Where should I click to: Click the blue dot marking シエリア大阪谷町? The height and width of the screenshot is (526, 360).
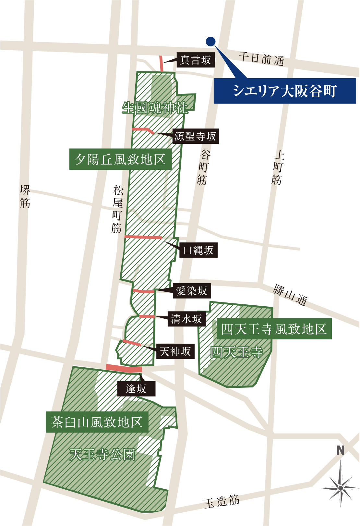[210, 41]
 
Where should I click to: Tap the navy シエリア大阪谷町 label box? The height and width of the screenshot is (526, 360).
[284, 91]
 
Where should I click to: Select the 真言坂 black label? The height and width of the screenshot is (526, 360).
[196, 60]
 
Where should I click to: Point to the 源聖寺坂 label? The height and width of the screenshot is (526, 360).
[195, 136]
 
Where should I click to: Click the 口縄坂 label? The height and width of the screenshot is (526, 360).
[198, 250]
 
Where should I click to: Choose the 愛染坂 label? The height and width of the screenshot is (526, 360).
[191, 290]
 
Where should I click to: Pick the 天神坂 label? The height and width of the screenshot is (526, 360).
[175, 351]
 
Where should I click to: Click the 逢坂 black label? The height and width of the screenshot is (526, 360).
[136, 388]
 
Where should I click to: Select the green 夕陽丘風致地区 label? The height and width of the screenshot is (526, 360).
[120, 159]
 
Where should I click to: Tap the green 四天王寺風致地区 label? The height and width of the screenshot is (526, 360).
[274, 329]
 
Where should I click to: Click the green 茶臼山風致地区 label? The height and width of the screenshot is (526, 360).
[97, 422]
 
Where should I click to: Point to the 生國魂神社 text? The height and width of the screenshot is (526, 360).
[155, 108]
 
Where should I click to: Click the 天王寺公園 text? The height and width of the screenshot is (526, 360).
[102, 454]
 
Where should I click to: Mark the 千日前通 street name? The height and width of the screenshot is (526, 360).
[261, 59]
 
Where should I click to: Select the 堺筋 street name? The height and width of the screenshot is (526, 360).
[25, 196]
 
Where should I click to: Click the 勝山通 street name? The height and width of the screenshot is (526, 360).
[290, 295]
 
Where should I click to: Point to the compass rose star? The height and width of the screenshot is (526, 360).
[340, 488]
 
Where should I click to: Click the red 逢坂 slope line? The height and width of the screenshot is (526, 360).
[124, 368]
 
